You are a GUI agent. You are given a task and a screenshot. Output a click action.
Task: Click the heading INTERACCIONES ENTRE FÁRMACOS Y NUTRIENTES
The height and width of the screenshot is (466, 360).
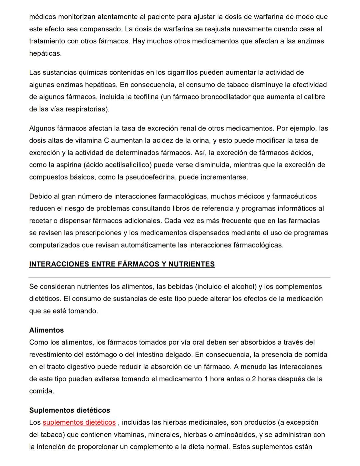(122, 264)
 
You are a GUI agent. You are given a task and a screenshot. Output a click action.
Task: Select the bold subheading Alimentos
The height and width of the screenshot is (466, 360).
(46, 330)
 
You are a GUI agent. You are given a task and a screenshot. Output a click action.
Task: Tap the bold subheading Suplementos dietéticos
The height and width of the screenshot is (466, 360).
(69, 410)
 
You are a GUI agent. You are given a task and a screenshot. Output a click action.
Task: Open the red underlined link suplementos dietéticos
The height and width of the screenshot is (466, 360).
(79, 423)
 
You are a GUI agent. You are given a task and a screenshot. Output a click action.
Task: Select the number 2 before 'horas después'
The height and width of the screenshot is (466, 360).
(254, 379)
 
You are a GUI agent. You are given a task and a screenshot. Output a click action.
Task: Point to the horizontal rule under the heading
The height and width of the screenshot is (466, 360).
(179, 278)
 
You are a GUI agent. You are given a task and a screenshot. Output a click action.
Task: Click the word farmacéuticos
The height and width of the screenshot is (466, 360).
(294, 196)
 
